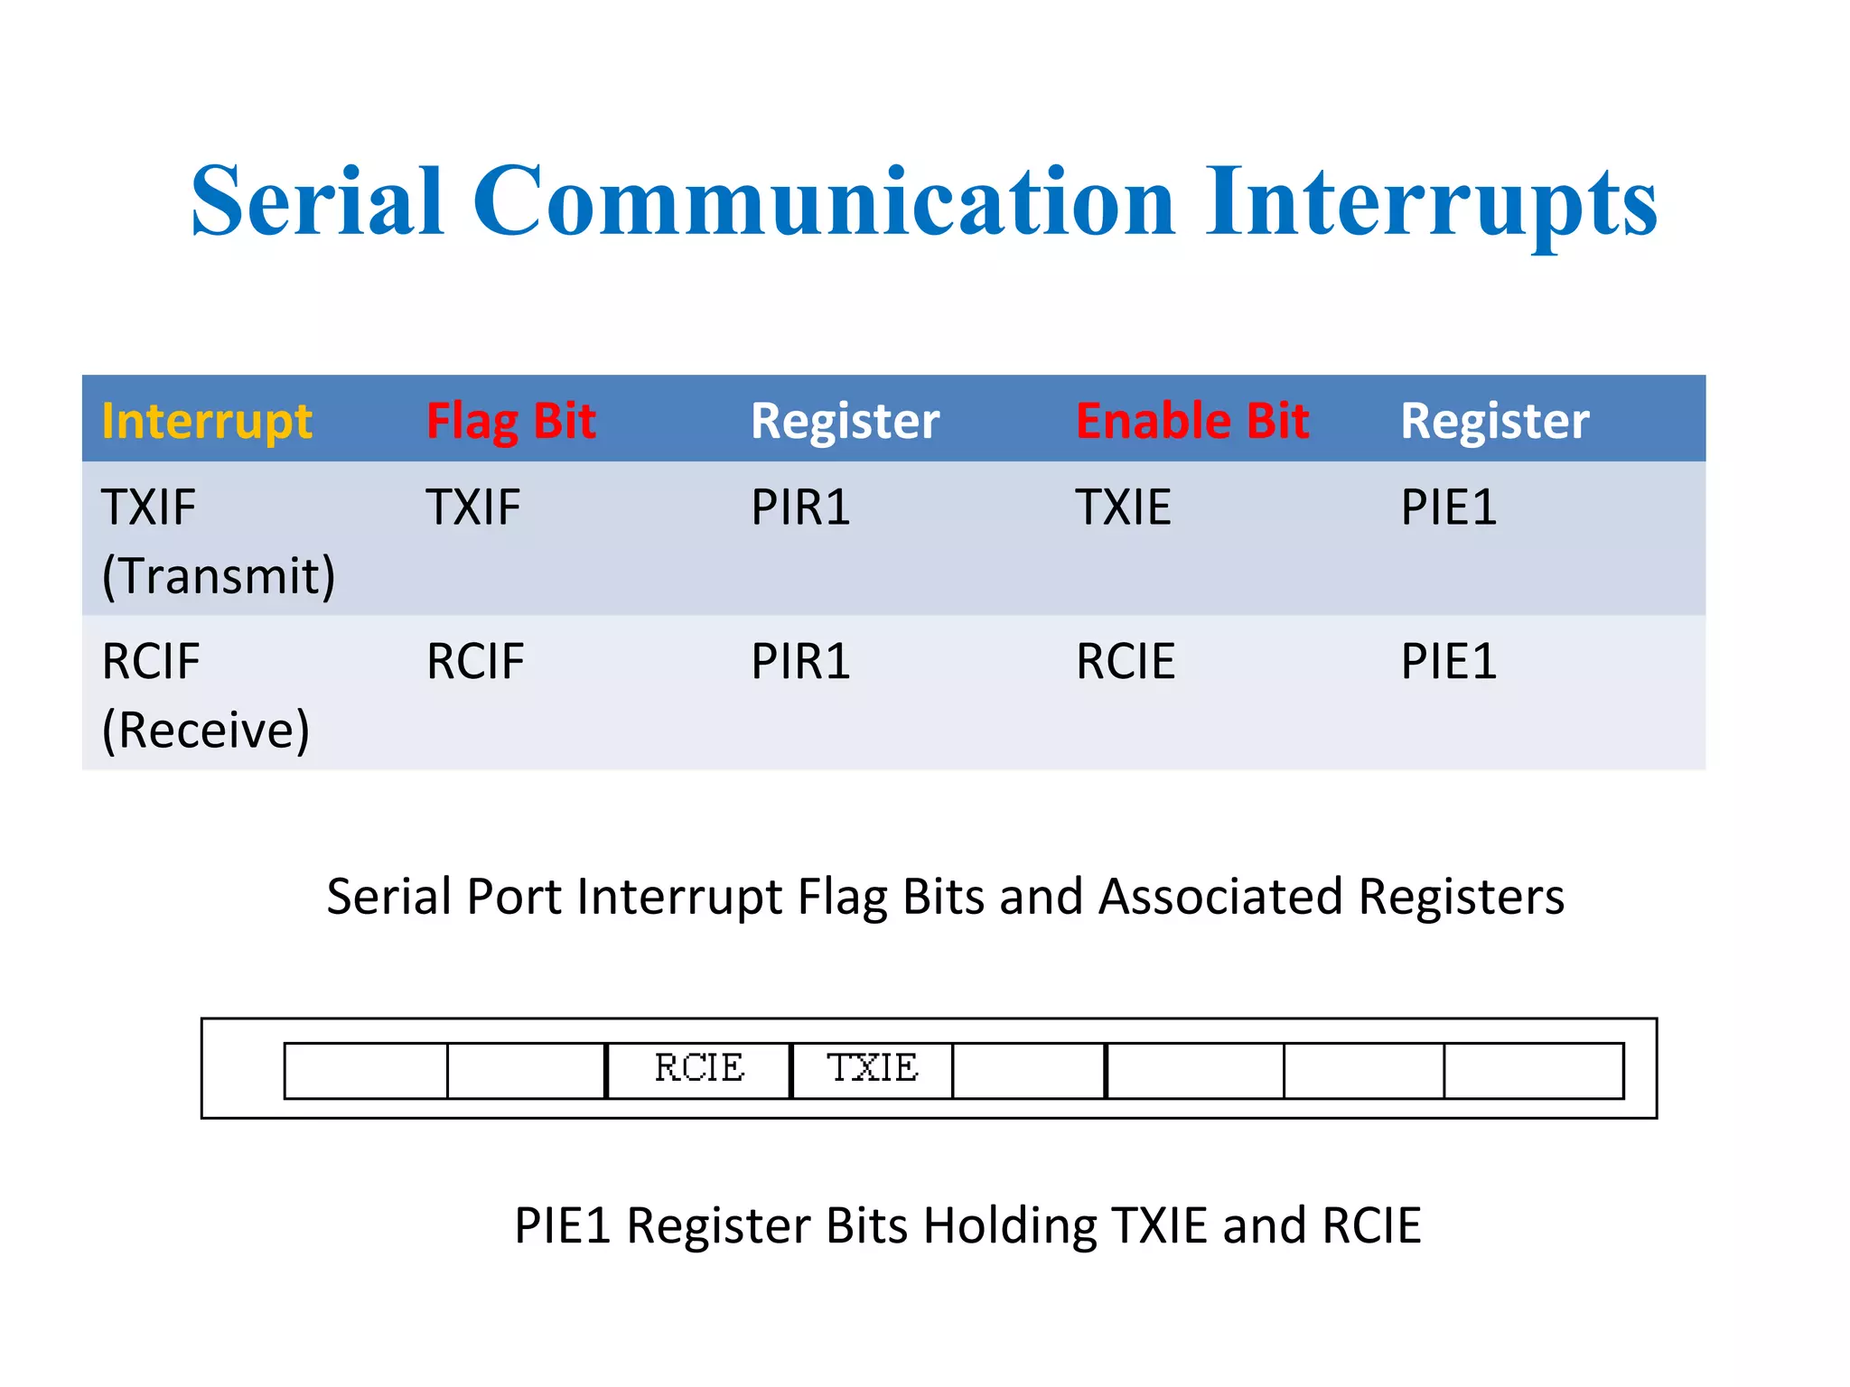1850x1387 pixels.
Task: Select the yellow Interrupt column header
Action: pos(207,421)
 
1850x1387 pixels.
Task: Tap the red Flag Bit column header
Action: pos(510,421)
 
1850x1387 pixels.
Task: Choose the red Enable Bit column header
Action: pos(1192,421)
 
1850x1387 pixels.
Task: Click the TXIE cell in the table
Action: pos(1123,507)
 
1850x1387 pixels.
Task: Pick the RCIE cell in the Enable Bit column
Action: pos(1126,662)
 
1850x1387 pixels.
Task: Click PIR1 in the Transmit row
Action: pos(800,507)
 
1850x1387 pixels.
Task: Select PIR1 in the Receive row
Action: pos(800,662)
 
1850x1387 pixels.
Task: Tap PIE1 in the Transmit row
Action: pos(1448,507)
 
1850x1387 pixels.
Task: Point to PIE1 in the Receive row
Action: pos(1448,662)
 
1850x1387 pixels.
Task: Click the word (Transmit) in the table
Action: pos(219,576)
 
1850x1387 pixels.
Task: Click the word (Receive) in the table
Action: pos(206,731)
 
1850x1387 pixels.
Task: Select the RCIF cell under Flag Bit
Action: pos(475,662)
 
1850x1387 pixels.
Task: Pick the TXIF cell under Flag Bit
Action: pos(473,507)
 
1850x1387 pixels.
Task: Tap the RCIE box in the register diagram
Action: pos(698,1069)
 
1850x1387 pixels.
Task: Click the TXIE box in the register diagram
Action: pos(872,1069)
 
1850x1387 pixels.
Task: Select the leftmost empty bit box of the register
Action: pos(366,1071)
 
